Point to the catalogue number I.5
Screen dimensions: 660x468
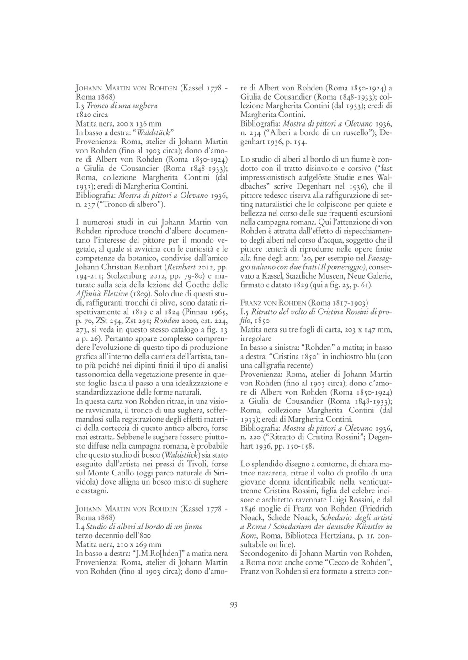tap(245, 312)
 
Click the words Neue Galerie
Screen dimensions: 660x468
tap(364, 276)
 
